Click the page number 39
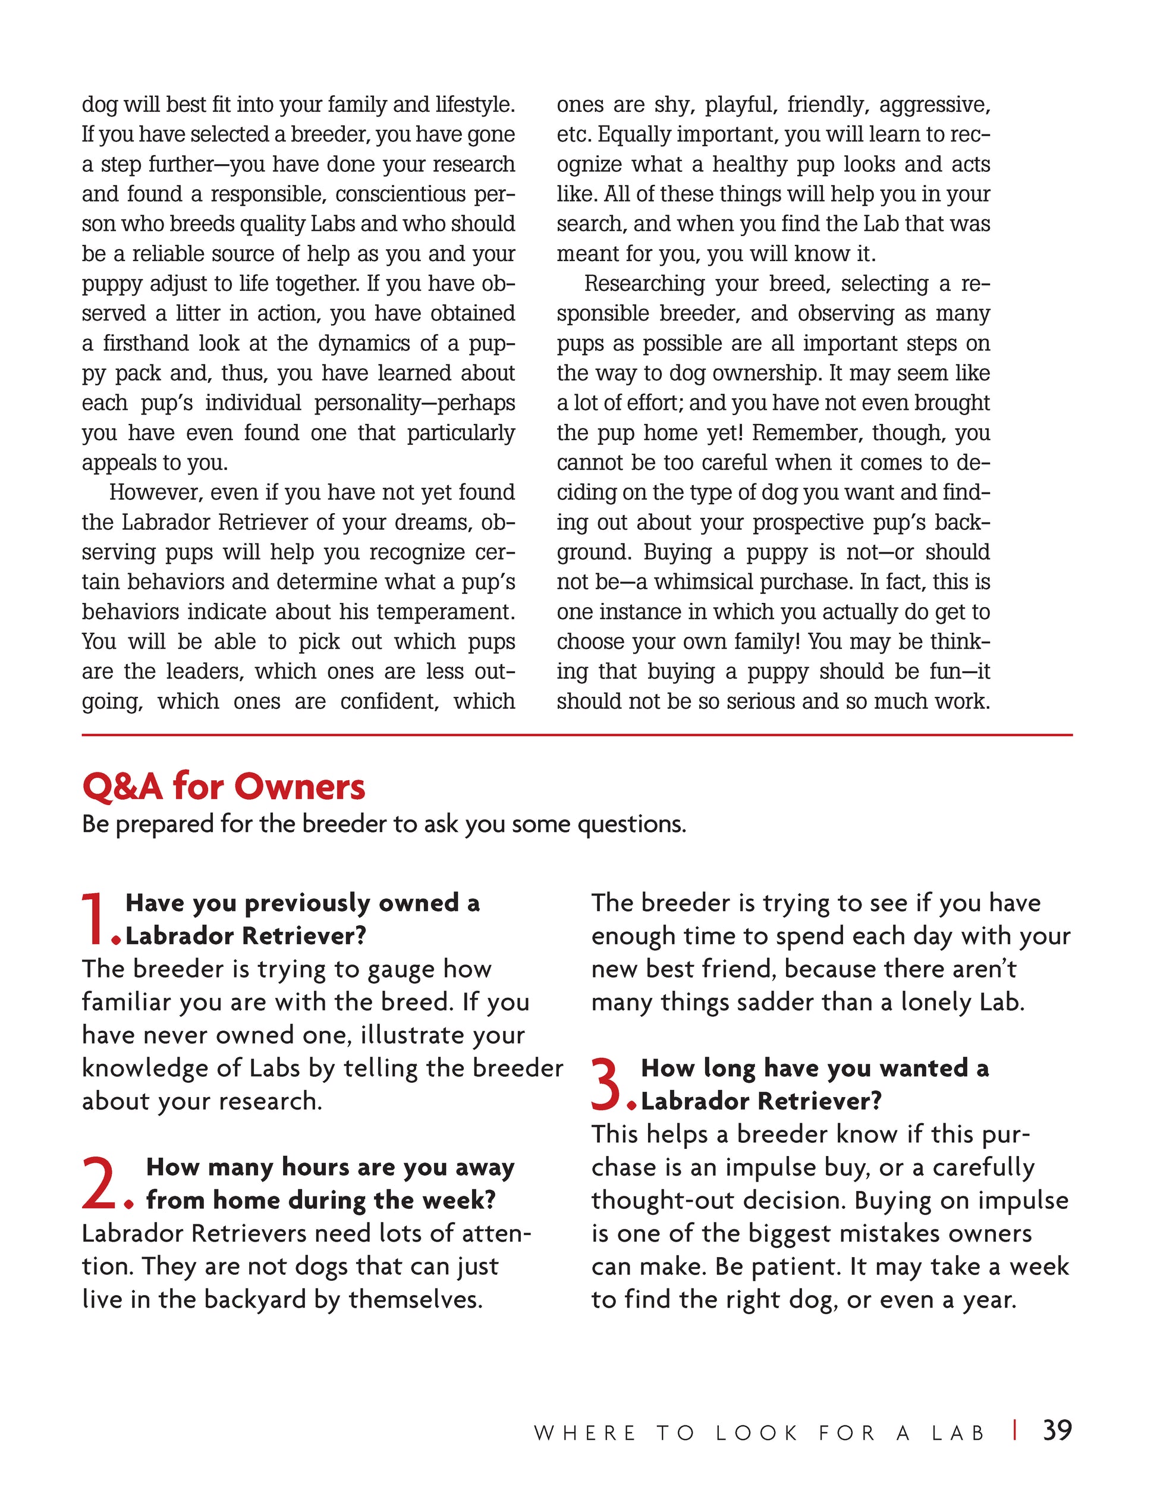(x=1057, y=1430)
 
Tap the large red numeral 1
(x=95, y=920)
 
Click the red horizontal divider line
(x=577, y=736)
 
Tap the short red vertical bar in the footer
(x=1015, y=1430)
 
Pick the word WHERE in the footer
(x=585, y=1433)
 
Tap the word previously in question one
(x=307, y=904)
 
